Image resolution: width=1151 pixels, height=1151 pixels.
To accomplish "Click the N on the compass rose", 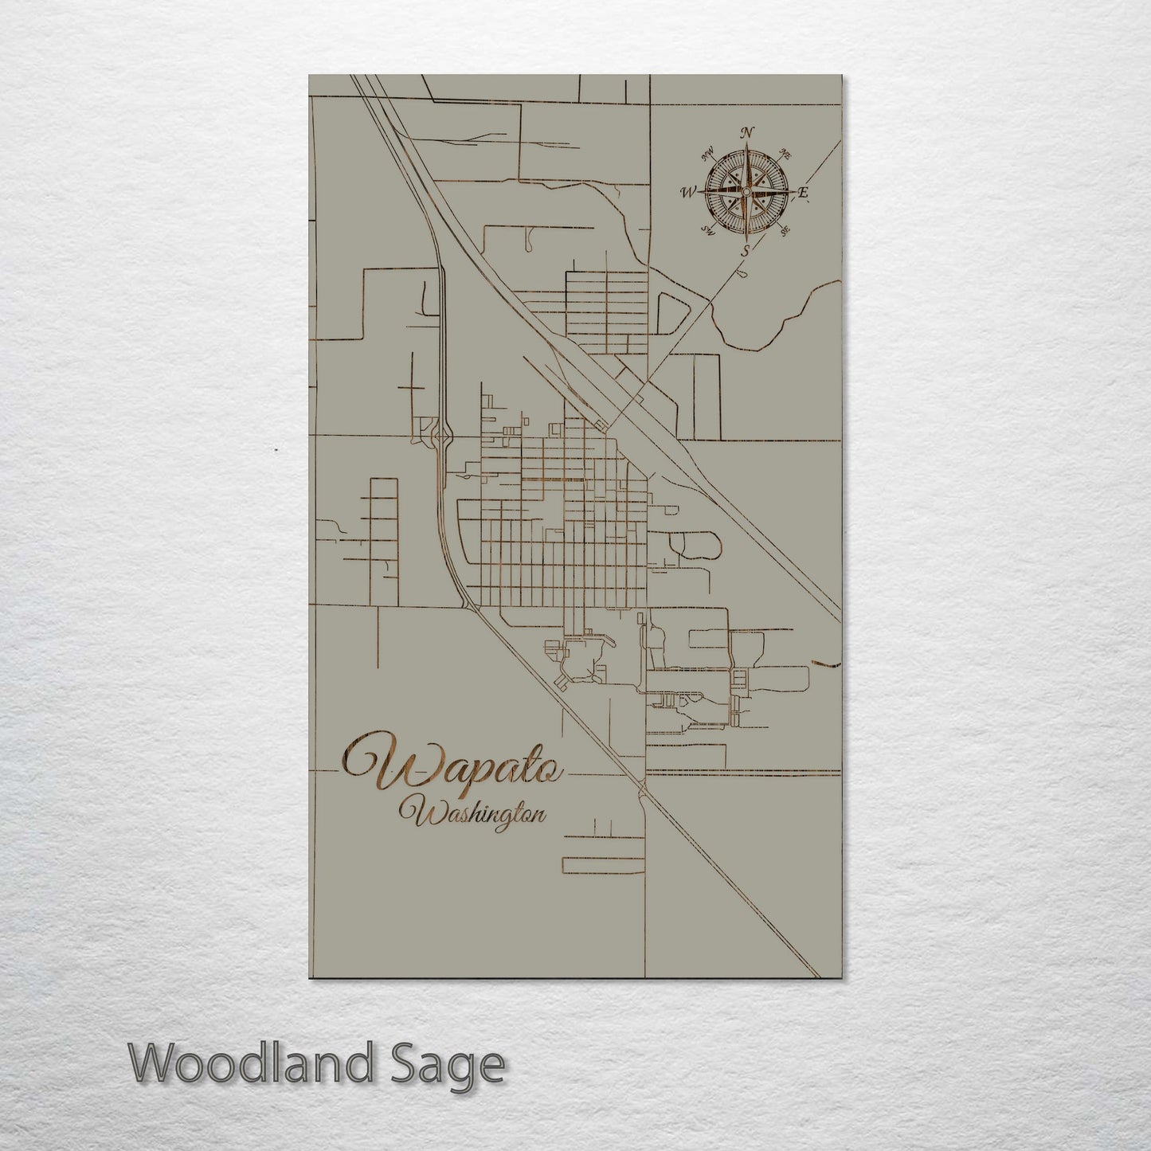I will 747,133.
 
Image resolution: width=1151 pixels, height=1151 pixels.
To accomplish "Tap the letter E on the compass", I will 804,192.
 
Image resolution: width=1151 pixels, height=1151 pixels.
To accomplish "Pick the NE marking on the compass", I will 785,153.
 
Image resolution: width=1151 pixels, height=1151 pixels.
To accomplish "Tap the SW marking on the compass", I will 706,230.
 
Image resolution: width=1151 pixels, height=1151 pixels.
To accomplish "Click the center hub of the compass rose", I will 746,192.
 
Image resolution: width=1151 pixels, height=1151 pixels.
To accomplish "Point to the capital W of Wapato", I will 378,763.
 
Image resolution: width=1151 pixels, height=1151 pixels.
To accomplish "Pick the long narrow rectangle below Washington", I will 603,864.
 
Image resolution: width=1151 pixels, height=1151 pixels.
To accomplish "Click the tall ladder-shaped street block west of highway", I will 384,542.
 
